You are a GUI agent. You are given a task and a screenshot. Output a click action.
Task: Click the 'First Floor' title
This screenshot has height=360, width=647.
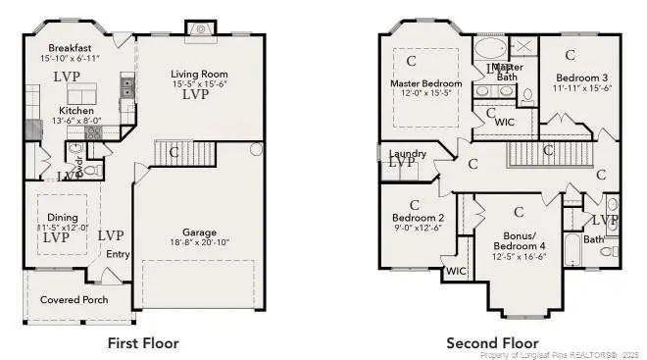click(142, 343)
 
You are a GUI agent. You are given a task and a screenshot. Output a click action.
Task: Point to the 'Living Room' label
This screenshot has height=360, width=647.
click(199, 74)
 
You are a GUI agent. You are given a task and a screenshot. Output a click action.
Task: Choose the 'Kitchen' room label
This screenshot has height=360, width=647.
click(75, 111)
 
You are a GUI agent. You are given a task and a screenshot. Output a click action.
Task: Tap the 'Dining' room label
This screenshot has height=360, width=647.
click(63, 217)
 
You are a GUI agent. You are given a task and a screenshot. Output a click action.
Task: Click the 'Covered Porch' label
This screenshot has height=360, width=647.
click(75, 299)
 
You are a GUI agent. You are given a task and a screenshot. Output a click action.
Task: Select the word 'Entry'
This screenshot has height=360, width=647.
click(119, 255)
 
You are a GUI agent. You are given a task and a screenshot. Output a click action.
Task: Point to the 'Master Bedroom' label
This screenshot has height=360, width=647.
click(426, 83)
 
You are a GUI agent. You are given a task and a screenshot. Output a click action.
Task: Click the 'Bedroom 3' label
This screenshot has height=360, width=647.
click(582, 77)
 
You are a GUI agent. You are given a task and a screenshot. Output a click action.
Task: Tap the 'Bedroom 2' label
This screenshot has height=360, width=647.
click(419, 218)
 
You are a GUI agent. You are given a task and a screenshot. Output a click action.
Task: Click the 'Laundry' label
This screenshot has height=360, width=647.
click(408, 154)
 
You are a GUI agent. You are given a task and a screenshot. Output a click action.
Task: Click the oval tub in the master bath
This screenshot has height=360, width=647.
click(491, 49)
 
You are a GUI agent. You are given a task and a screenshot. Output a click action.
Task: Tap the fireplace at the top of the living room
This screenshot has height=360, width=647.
click(202, 29)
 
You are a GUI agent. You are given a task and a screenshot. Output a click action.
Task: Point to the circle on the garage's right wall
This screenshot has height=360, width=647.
click(256, 150)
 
